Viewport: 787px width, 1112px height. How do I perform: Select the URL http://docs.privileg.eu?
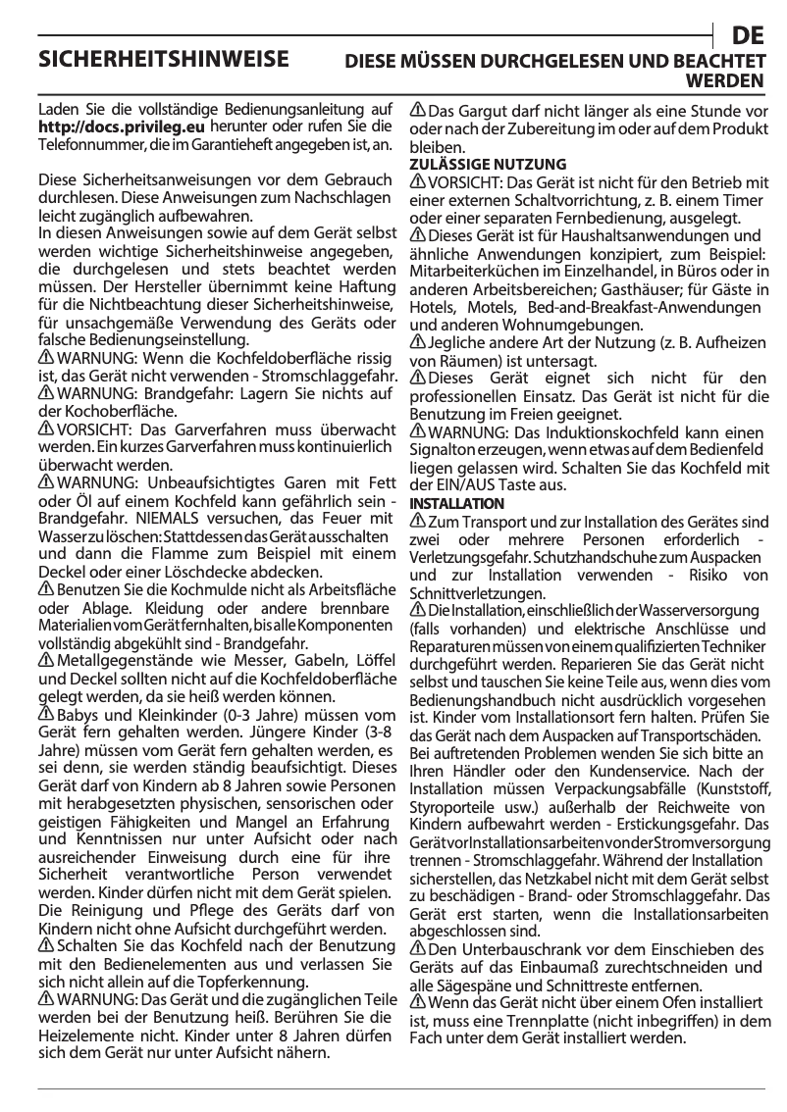(121, 126)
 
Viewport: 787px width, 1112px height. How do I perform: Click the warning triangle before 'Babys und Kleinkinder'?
(46, 714)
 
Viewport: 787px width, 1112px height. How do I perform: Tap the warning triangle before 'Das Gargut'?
(417, 110)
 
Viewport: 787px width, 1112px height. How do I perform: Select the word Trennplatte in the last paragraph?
(554, 1021)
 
